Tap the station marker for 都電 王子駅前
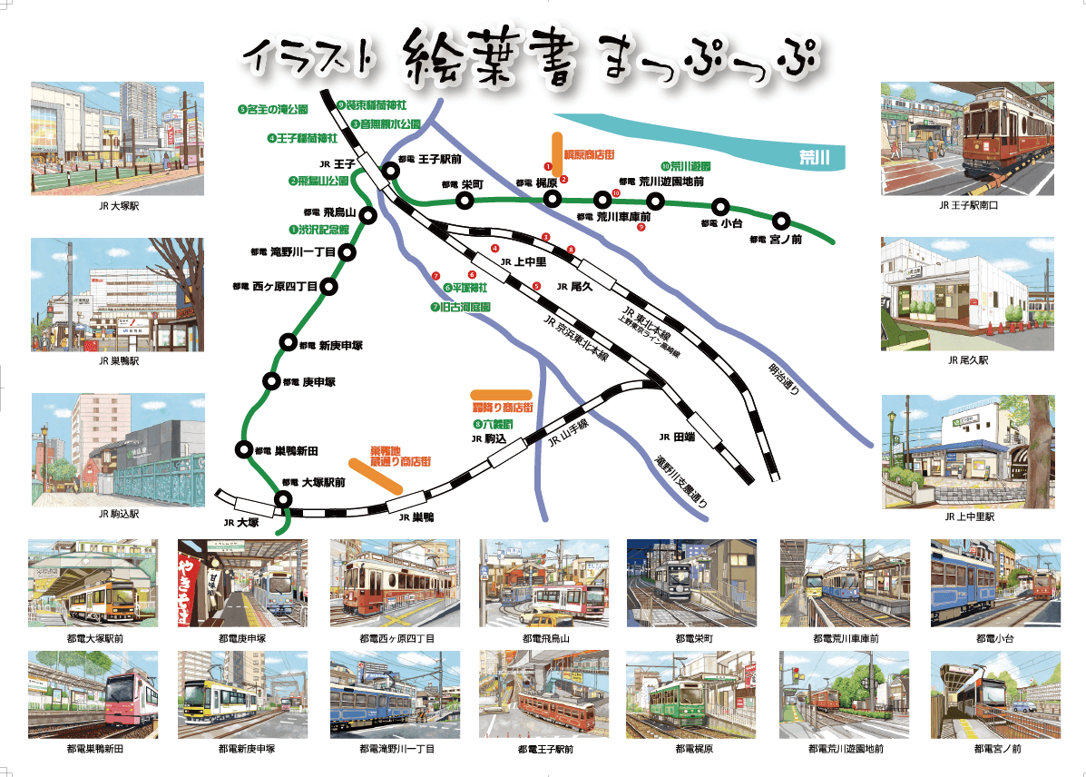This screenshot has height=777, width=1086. [391, 171]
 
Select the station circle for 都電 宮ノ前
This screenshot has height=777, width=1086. [781, 221]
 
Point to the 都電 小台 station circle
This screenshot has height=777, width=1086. [720, 207]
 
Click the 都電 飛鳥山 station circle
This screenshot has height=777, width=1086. [368, 215]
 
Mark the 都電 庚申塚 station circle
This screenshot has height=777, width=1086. [270, 381]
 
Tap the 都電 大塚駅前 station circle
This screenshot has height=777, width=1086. [284, 498]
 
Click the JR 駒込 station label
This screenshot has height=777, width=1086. [488, 438]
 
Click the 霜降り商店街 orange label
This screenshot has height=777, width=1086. [502, 408]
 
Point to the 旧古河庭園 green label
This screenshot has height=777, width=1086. [461, 307]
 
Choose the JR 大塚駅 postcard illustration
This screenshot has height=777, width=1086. [117, 138]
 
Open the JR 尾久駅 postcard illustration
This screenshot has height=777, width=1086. [968, 294]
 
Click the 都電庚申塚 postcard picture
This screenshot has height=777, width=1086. [242, 582]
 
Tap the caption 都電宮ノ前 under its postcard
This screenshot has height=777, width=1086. [997, 749]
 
